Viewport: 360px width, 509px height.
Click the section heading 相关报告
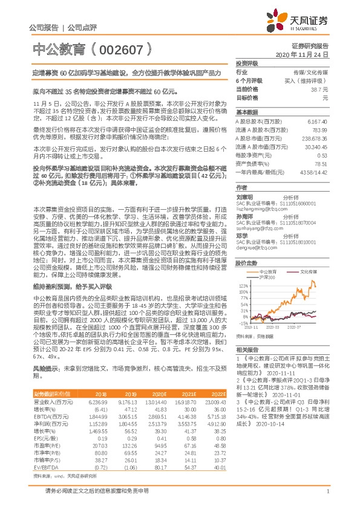pos(247,349)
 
